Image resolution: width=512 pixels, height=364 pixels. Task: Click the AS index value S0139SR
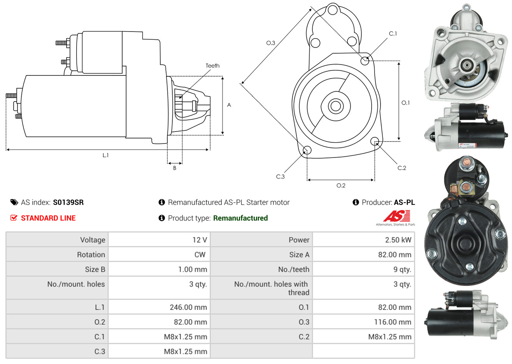(x=68, y=202)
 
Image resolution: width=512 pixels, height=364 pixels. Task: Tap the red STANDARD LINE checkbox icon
(x=14, y=218)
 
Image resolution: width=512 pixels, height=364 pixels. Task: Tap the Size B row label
(x=95, y=269)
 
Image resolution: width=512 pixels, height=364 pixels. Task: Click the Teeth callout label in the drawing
(x=212, y=66)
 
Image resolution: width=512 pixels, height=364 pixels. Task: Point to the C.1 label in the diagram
(x=393, y=34)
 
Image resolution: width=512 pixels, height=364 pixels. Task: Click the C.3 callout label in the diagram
(x=280, y=177)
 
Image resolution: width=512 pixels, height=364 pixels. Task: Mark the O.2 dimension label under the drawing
(x=341, y=185)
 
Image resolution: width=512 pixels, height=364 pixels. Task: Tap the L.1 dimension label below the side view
(x=105, y=155)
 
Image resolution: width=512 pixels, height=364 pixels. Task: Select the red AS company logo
(x=396, y=216)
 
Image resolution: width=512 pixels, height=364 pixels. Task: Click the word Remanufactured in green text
(x=240, y=218)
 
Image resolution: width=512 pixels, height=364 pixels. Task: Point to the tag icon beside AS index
(x=14, y=202)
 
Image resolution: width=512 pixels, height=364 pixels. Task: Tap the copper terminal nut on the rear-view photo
(x=466, y=163)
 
